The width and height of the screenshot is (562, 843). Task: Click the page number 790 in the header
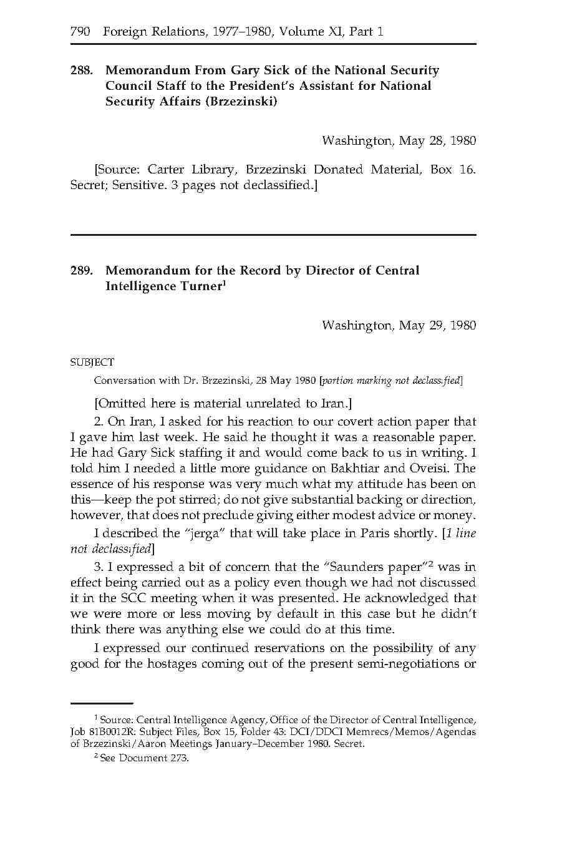pos(80,31)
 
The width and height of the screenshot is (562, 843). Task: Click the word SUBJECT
pos(92,363)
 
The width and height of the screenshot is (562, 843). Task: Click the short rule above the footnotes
pos(102,703)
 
